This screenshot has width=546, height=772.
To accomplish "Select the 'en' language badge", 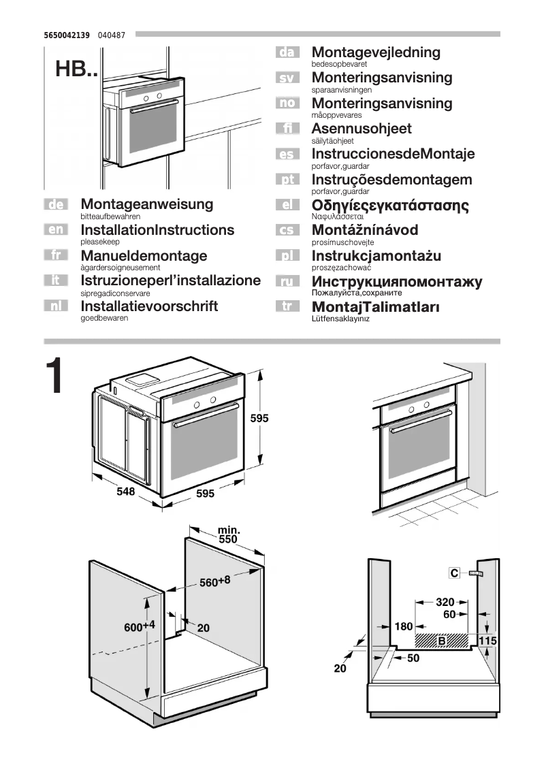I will tap(57, 229).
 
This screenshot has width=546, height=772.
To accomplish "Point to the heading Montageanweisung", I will tap(146, 204).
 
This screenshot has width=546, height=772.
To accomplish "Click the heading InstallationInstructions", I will tap(157, 230).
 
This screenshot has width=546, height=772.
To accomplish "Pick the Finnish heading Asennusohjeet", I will tap(362, 129).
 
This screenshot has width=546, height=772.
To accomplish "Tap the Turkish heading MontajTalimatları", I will tap(375, 307).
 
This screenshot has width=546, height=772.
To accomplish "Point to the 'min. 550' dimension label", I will tap(228, 534).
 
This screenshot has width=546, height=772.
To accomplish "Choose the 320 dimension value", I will tap(445, 602).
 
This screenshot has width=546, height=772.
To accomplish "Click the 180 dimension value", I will tap(404, 626).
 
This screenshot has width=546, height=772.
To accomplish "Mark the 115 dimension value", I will tap(487, 641).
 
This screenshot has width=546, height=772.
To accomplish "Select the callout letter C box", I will tap(453, 573).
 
